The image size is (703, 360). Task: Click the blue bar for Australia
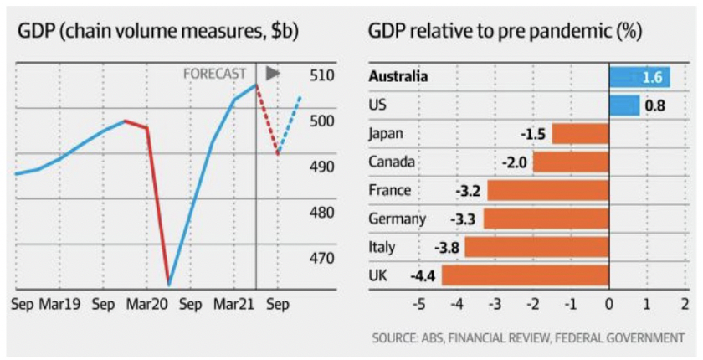point(639,77)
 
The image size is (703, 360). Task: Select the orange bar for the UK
point(525,275)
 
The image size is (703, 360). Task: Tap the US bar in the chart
point(624,105)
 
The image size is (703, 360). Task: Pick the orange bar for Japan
point(580,134)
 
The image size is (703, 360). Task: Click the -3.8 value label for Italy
point(444,248)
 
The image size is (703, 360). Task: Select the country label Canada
point(392,162)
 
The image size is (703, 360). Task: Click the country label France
point(390,190)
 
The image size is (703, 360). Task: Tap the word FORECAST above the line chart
point(214,75)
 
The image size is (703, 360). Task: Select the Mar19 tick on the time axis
point(59,305)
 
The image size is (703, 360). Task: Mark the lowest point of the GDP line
point(169,284)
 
